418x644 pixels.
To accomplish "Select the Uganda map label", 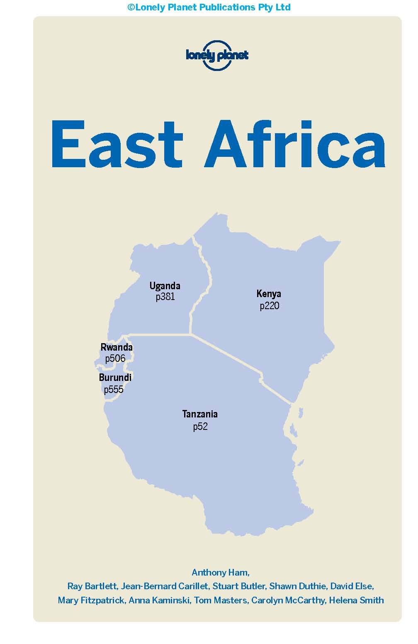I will (x=165, y=285).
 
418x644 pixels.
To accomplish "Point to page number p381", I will (x=165, y=297).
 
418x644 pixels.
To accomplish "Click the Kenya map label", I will (x=269, y=294).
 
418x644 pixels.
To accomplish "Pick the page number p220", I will (x=270, y=306).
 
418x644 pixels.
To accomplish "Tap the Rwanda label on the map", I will (x=117, y=347).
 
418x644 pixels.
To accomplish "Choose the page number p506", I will (x=115, y=358).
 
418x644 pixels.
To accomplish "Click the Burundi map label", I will (x=115, y=377).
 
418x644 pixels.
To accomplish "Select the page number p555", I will (x=114, y=389).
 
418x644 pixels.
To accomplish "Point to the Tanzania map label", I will (x=200, y=414).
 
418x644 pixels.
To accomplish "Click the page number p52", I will (x=200, y=426).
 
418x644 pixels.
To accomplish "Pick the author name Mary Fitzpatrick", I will (x=91, y=600).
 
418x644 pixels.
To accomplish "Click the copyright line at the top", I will (x=209, y=7).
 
